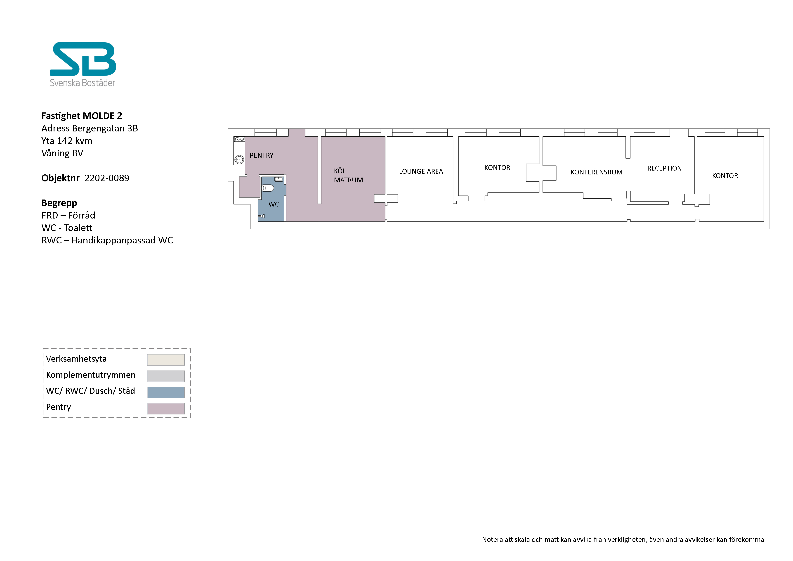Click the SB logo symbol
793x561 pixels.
83,59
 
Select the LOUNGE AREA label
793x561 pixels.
421,171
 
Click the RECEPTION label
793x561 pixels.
665,168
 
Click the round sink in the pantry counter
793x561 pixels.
239,159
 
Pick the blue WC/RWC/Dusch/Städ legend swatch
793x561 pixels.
166,392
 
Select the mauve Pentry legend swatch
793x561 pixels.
166,409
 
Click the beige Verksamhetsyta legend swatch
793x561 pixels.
166,360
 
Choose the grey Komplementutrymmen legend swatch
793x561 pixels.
166,376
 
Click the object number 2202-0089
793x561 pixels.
107,178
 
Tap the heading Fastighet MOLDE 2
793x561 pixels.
82,116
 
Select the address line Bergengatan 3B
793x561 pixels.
105,128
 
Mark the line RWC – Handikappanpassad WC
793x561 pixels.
107,240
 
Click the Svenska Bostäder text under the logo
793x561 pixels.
83,83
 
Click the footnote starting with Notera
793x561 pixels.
623,540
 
